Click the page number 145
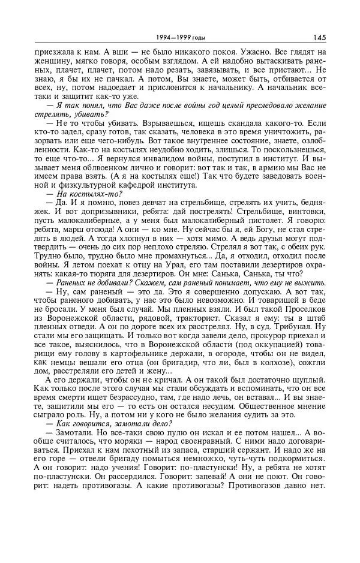pyautogui.click(x=319, y=37)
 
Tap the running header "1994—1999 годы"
pyautogui.click(x=179, y=37)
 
